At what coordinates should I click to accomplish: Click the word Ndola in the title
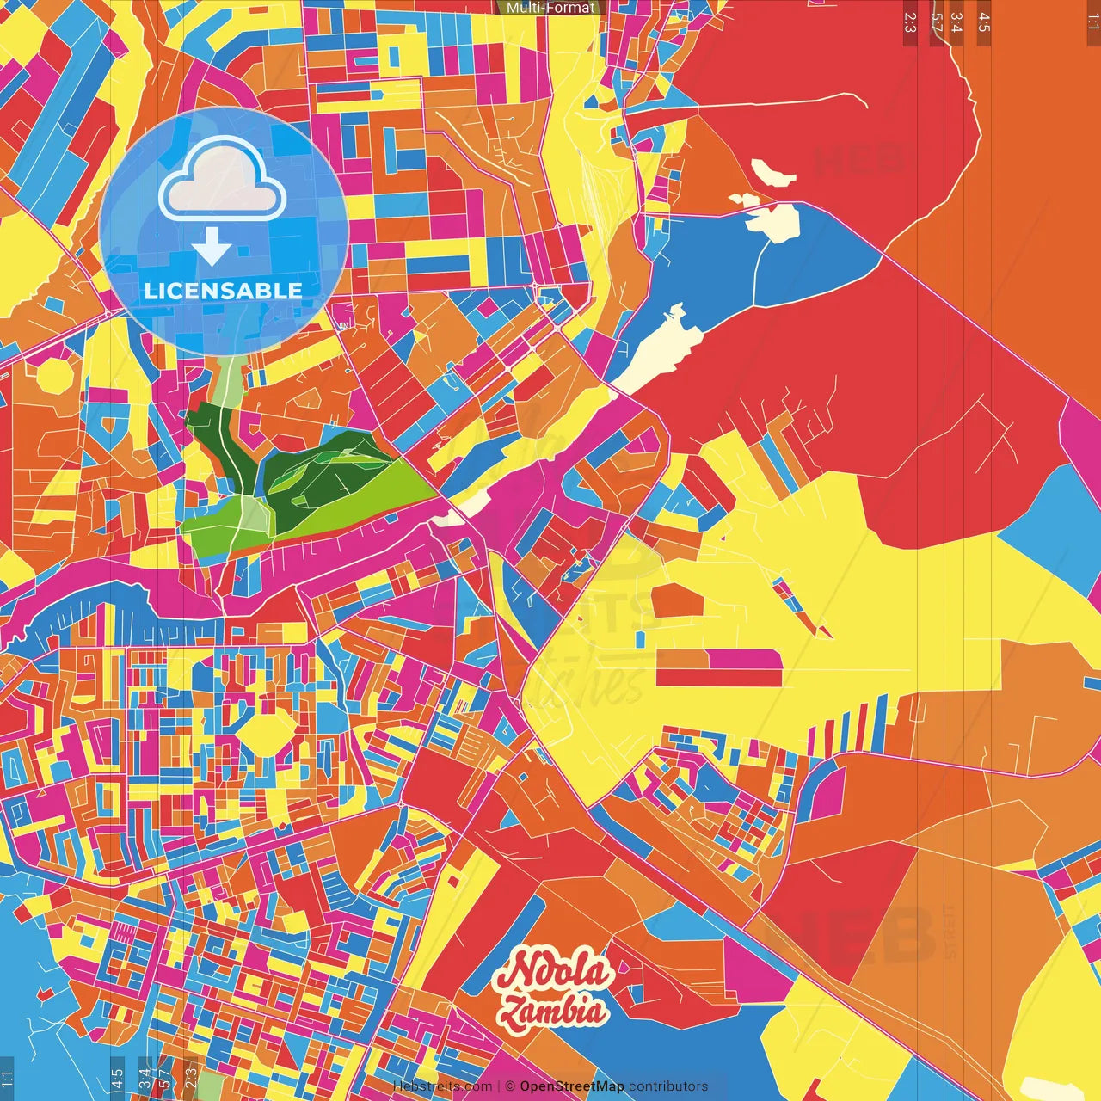(x=554, y=972)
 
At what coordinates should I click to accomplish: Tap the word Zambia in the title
(x=554, y=1011)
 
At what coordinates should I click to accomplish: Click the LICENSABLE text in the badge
(x=224, y=291)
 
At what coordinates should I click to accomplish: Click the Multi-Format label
(x=550, y=8)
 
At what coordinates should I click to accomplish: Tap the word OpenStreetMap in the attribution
(x=572, y=1086)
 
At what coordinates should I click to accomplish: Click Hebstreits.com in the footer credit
(x=442, y=1086)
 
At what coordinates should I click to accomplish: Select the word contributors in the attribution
(x=668, y=1086)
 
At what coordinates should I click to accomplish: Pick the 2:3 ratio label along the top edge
(x=910, y=22)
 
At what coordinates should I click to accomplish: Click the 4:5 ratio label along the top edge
(x=984, y=22)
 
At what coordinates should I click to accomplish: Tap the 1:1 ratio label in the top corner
(x=1092, y=22)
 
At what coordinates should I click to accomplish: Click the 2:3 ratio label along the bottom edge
(x=191, y=1075)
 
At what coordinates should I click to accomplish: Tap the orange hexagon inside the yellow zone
(x=676, y=600)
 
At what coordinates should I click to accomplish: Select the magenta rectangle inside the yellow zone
(x=745, y=659)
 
